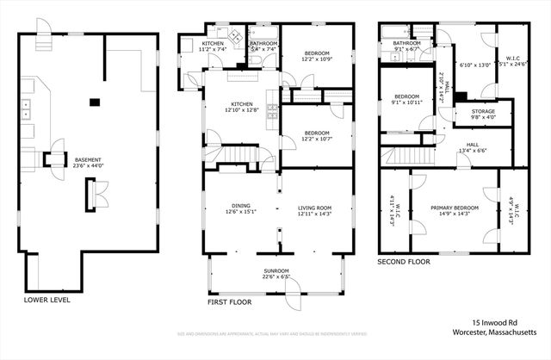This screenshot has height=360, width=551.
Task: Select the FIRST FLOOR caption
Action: pyautogui.click(x=229, y=302)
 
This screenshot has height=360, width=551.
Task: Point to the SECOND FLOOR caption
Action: pyautogui.click(x=405, y=262)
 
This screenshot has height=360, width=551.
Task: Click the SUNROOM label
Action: pyautogui.click(x=276, y=274)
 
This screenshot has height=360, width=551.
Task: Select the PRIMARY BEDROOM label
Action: pyautogui.click(x=451, y=209)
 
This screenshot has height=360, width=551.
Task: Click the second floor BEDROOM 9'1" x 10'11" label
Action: pyautogui.click(x=406, y=99)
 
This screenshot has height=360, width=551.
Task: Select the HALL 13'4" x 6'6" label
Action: pyautogui.click(x=472, y=147)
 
